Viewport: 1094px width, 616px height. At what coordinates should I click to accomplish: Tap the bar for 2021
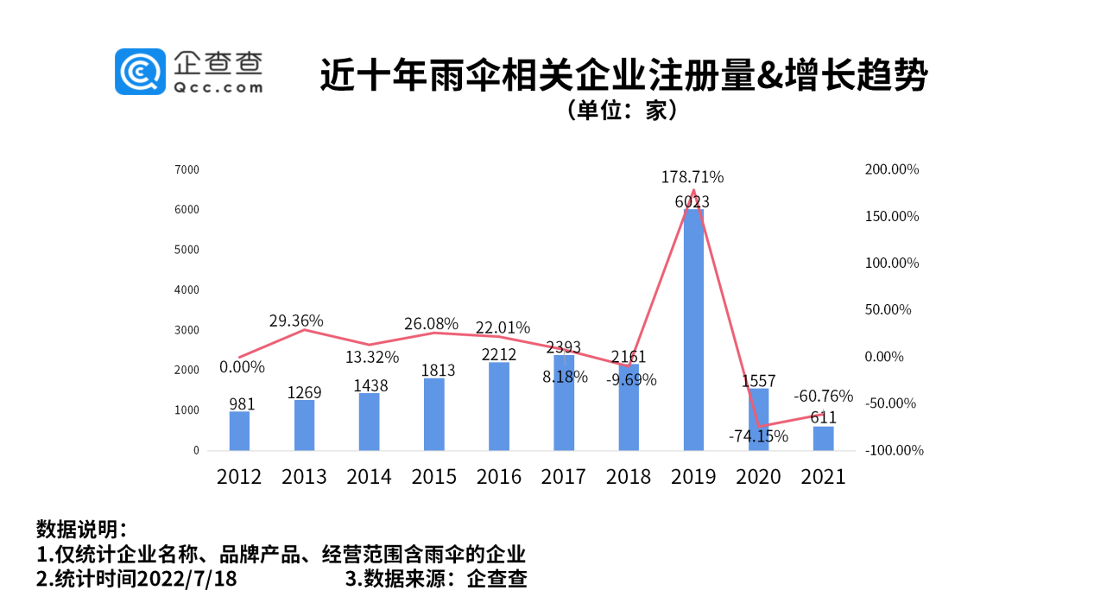823,438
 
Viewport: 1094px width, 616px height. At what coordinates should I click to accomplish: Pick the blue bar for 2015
434,414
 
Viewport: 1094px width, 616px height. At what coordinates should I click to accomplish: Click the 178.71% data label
692,177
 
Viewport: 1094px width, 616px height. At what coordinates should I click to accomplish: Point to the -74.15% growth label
758,436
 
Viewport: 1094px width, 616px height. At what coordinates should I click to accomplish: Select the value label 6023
692,201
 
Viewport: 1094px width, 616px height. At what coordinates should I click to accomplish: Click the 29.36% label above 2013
296,321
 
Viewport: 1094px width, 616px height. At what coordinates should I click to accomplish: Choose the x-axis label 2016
499,476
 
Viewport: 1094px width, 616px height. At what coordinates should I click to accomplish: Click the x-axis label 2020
758,476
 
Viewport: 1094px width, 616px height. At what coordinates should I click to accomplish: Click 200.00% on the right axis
892,169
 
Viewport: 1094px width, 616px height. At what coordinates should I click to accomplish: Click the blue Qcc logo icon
140,72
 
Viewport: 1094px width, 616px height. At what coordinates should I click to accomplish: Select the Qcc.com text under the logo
218,86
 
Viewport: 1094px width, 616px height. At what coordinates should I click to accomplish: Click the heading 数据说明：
82,528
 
